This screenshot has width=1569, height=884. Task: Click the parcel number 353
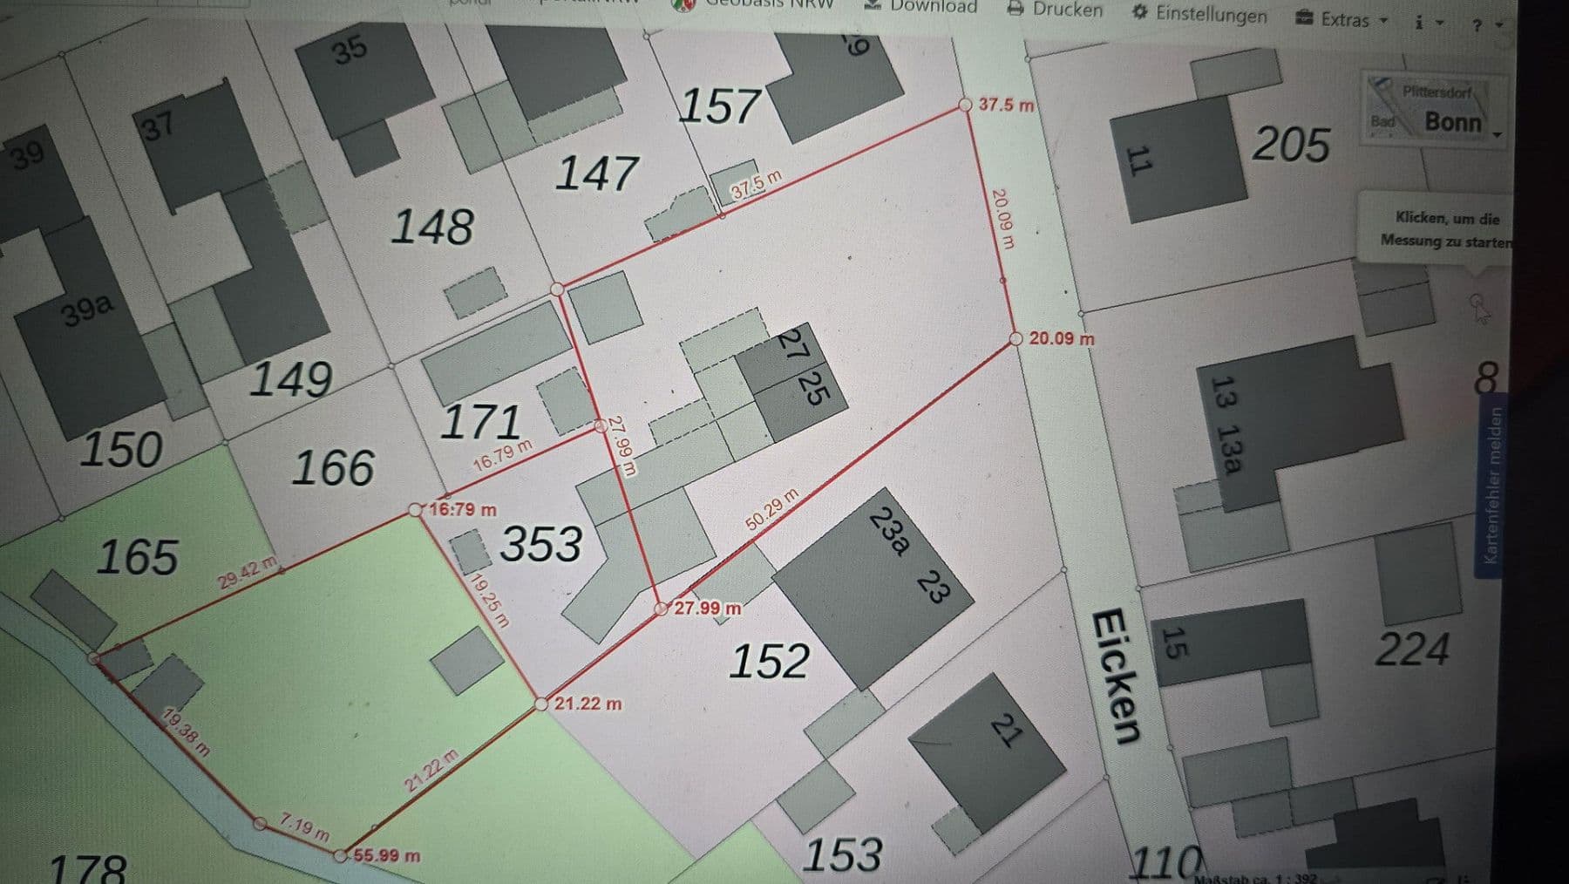click(540, 544)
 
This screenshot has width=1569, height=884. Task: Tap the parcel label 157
click(718, 106)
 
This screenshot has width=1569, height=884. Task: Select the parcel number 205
click(1291, 144)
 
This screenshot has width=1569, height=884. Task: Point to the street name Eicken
click(1116, 677)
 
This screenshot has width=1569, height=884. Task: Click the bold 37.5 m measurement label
click(1006, 105)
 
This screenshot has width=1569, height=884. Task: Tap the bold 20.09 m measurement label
click(1062, 338)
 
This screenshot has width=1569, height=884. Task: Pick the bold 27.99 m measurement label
click(708, 608)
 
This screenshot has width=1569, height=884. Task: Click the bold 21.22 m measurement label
click(588, 704)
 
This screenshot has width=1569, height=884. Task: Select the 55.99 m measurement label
click(387, 856)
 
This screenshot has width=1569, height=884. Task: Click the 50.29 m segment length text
click(772, 510)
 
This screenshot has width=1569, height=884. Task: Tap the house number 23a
click(889, 531)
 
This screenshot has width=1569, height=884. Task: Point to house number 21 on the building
click(1005, 731)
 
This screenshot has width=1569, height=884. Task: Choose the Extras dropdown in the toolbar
click(1341, 19)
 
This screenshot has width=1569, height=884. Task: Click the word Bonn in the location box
click(1452, 122)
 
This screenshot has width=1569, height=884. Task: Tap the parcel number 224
click(1412, 649)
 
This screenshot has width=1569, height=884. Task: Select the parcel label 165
click(138, 557)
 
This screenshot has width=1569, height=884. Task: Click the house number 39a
click(87, 309)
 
